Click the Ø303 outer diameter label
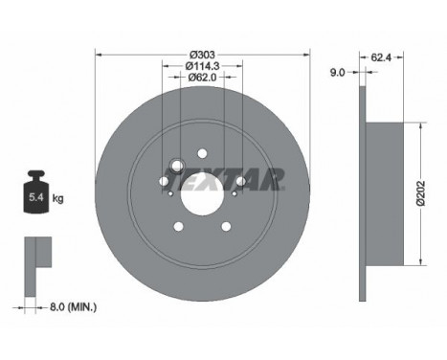point(202,55)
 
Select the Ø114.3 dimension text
point(202,66)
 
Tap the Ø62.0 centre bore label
point(202,78)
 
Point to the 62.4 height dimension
point(381,57)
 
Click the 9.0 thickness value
point(338,73)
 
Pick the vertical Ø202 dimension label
point(421,193)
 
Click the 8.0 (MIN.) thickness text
point(73,307)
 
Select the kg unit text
point(57,198)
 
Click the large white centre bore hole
point(202,194)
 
